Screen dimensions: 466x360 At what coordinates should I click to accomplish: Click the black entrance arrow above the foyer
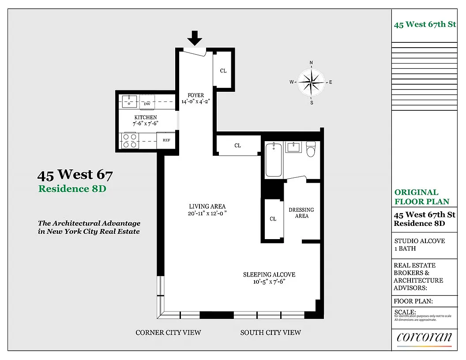195,38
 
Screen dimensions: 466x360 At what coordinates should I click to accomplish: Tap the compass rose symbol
311,82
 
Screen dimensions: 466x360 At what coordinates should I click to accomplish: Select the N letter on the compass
311,63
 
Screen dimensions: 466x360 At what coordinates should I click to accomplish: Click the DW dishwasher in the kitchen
147,101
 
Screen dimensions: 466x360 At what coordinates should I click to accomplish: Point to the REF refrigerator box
166,140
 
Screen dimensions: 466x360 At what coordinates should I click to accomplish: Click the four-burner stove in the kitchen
130,141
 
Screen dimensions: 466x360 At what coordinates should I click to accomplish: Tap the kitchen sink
129,101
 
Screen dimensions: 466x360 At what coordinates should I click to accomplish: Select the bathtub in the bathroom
274,160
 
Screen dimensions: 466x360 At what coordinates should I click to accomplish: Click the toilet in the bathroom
311,149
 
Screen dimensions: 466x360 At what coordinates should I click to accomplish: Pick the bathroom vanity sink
293,147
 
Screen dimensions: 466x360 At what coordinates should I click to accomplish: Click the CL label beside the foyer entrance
223,71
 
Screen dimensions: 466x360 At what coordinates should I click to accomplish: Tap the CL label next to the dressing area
273,219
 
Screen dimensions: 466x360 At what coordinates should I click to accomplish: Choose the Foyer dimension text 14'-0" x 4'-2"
195,101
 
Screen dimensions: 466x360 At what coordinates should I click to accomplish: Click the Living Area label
207,206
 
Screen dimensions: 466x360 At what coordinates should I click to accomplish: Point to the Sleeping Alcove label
269,274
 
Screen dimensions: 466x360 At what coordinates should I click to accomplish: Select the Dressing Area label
301,213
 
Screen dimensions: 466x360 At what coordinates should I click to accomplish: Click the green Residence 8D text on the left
72,189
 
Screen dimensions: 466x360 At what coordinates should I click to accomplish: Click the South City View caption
271,333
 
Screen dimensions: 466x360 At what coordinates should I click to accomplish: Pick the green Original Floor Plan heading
422,197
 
